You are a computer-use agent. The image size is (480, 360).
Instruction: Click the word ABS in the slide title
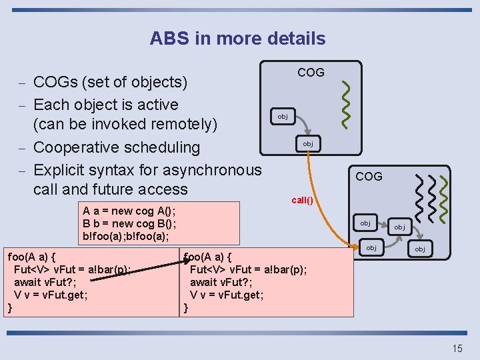170,38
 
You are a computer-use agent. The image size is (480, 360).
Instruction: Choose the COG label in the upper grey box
311,72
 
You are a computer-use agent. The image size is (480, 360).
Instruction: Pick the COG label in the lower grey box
369,176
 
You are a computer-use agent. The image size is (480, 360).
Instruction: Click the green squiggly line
347,104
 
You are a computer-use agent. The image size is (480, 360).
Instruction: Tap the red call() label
302,200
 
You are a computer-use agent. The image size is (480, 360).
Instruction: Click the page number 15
457,348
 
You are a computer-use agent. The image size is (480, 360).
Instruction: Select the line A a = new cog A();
129,211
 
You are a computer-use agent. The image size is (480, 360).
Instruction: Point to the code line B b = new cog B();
129,223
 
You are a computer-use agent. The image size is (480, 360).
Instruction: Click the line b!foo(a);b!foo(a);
125,235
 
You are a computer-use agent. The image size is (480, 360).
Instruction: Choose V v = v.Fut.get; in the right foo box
226,294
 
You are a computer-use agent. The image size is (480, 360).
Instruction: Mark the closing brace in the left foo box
9,307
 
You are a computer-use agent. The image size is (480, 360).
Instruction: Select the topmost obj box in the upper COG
283,117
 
